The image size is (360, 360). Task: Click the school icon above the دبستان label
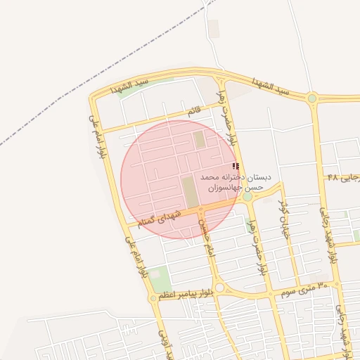[236, 167]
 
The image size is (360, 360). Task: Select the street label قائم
[193, 111]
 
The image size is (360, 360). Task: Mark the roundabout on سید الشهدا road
[311, 98]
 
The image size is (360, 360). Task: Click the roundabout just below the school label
[247, 197]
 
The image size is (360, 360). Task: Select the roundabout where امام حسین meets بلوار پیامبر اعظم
[219, 288]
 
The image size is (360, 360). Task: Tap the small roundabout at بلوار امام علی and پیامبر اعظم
[153, 298]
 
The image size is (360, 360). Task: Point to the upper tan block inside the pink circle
[200, 139]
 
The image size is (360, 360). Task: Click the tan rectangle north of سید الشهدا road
[214, 29]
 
